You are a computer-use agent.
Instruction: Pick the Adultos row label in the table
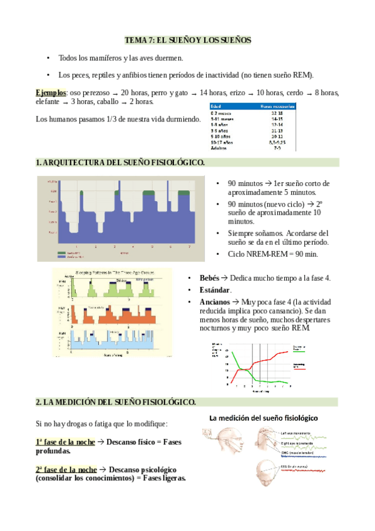[x=219, y=148]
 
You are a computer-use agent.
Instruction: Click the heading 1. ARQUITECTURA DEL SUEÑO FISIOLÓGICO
[x=120, y=163]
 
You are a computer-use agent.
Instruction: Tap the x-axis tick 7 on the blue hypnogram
[x=190, y=247]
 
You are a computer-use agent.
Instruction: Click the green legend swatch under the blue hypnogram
[x=61, y=252]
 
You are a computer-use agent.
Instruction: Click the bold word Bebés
[x=210, y=277]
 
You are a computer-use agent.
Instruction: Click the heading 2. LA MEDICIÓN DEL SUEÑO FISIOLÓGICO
[x=116, y=401]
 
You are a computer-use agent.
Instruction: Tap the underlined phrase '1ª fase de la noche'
[x=66, y=442]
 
